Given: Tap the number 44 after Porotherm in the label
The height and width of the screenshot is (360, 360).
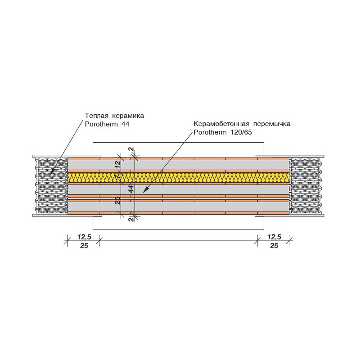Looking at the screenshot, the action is click(x=125, y=124).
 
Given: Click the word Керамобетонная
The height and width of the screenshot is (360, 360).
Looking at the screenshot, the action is click(x=221, y=124).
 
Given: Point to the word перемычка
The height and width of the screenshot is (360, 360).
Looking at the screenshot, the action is click(x=272, y=124).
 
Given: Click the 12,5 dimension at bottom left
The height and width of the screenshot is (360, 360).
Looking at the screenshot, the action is click(x=84, y=237).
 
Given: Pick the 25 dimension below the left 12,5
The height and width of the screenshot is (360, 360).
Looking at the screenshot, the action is click(x=84, y=246).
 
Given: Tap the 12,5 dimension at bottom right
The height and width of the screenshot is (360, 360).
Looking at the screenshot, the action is click(x=274, y=237).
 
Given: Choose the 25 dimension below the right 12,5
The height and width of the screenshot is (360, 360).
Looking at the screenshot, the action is click(x=274, y=246).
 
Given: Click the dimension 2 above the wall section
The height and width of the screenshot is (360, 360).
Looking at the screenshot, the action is click(x=131, y=149).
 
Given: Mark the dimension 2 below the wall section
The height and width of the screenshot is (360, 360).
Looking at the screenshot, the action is click(x=131, y=219).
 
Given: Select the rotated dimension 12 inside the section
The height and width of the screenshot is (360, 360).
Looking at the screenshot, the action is click(x=117, y=164).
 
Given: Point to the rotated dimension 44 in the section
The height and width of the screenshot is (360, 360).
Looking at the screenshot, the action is click(x=131, y=189).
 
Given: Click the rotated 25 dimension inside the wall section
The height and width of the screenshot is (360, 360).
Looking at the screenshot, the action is click(x=117, y=200).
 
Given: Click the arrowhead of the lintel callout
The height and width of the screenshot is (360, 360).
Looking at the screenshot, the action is click(x=145, y=190).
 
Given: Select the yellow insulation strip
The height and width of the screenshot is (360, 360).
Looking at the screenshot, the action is click(x=178, y=177).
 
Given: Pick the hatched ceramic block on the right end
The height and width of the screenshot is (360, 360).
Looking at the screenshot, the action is click(x=305, y=186).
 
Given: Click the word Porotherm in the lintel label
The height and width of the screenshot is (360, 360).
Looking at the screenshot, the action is click(x=210, y=132).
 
